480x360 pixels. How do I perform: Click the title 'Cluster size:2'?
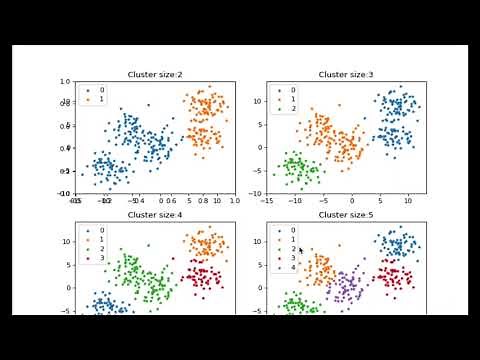click(154, 74)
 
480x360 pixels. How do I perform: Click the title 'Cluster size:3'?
click(346, 74)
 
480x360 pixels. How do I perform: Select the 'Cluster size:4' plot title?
click(154, 214)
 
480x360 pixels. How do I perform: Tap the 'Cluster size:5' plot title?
click(346, 214)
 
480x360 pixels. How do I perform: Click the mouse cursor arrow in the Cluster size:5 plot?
click(300, 250)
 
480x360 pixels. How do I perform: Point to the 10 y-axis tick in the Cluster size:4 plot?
click(69, 242)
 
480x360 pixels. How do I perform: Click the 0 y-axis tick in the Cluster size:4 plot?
click(71, 288)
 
